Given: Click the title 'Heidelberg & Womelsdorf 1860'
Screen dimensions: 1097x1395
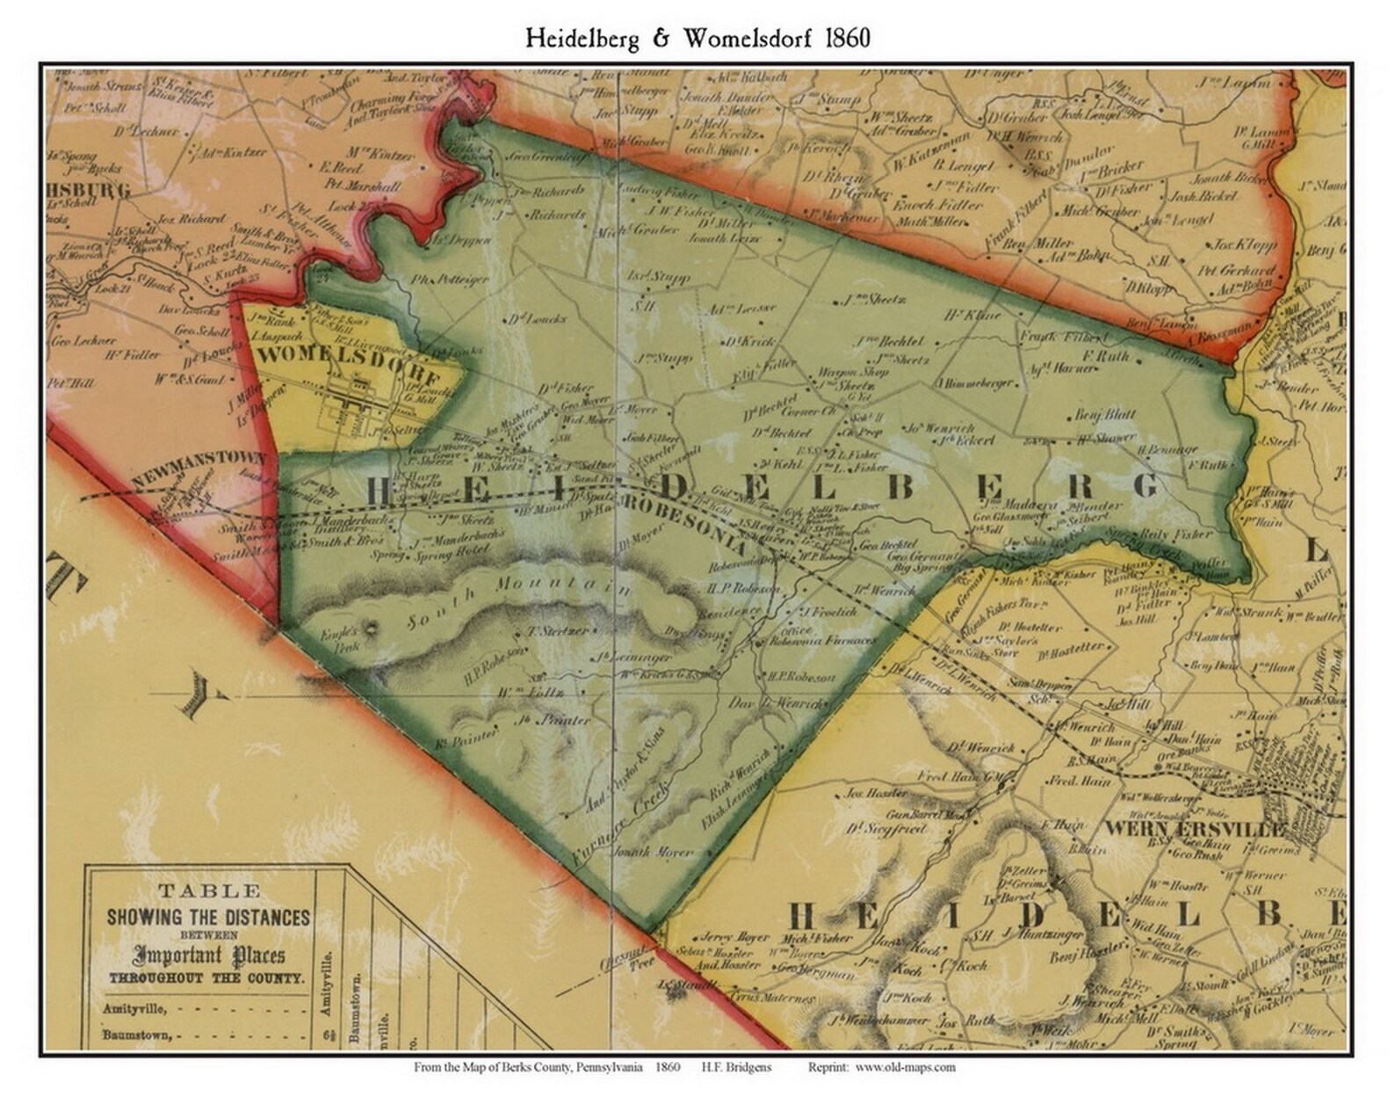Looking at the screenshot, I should (x=697, y=38).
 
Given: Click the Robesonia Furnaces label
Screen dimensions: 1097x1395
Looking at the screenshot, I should (x=823, y=641).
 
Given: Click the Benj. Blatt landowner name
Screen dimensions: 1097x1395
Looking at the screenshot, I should (x=1105, y=415).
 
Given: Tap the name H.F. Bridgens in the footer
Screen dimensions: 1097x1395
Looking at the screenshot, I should (x=736, y=1067).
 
